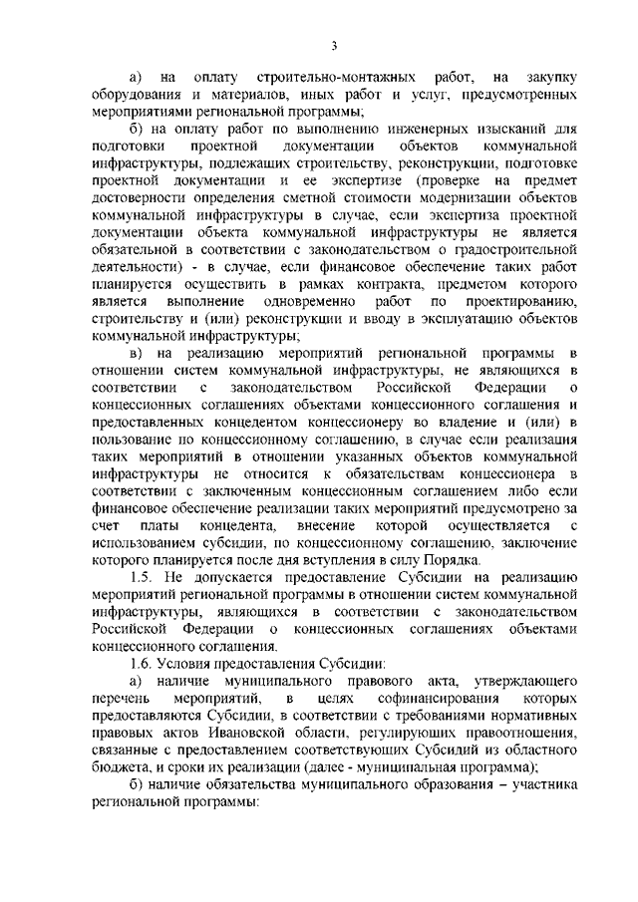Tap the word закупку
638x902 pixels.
[x=549, y=78]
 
